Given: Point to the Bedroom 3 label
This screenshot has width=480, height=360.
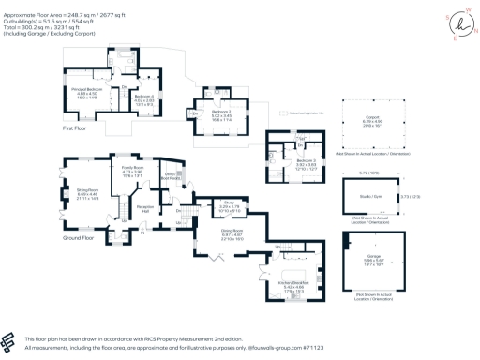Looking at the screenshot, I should [x=306, y=161].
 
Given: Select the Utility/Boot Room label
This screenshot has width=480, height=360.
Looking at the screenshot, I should [x=172, y=174].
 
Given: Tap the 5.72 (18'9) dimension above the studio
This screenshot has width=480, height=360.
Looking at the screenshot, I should [x=368, y=172].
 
